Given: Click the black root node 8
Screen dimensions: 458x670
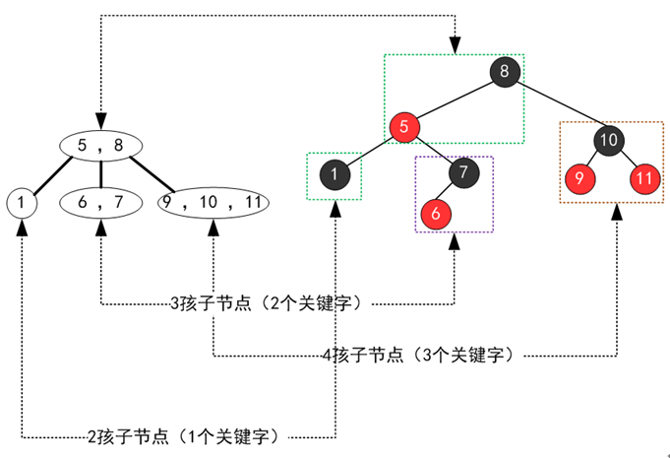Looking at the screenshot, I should pos(504,73).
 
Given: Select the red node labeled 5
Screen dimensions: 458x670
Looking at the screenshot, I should pos(403,127).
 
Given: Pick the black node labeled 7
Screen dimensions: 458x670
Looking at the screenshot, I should pos(462,173).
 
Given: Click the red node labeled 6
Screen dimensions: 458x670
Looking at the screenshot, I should pos(436,213).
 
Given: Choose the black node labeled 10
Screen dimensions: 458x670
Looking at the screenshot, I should pos(609,141).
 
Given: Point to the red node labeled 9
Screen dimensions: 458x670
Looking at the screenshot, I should pos(579,180).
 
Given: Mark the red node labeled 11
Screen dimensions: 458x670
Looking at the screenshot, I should pos(643,180).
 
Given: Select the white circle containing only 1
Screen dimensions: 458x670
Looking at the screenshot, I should pos(21,203).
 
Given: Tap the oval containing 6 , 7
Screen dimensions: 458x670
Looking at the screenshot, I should pos(101,203).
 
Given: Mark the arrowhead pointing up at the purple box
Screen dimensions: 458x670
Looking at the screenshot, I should pos(454,241).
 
